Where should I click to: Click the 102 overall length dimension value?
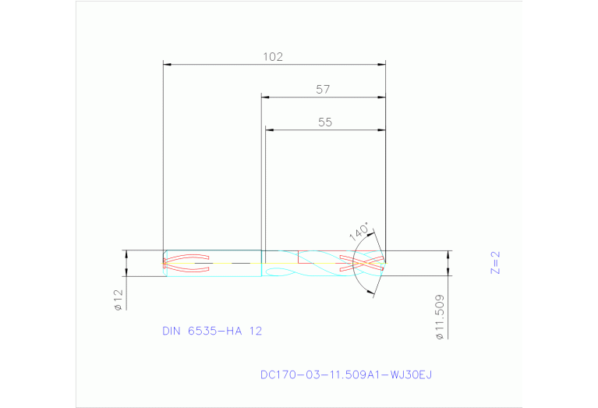[272, 57]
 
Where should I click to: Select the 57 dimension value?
[323, 90]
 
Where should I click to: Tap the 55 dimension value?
[325, 122]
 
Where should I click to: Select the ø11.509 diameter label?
[440, 317]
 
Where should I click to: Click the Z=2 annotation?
[494, 263]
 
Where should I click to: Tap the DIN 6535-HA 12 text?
[212, 331]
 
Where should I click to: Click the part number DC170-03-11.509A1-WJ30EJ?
[345, 375]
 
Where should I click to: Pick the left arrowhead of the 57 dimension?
[265, 97]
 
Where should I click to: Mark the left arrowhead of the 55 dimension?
[269, 129]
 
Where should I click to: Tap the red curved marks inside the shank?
[186, 264]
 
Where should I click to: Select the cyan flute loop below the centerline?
[279, 271]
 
